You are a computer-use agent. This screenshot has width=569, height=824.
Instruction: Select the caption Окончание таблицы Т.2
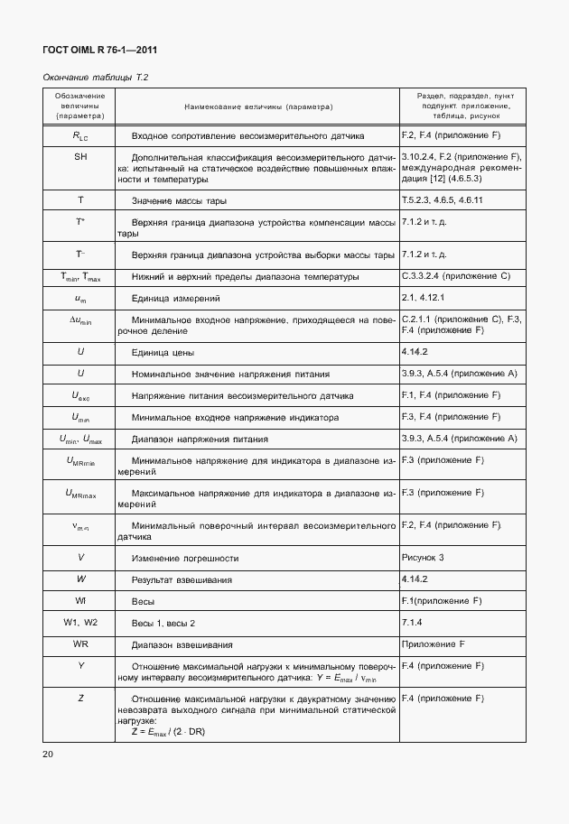tap(95, 79)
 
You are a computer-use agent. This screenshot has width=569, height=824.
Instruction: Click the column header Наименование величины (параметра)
tap(258, 106)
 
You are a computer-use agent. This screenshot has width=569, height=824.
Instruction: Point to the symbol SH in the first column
tap(80, 157)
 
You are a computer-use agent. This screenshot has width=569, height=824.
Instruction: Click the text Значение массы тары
tap(179, 200)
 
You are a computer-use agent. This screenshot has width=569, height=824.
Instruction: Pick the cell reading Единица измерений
tap(175, 298)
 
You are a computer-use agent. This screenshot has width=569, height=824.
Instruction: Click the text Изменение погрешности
tap(185, 558)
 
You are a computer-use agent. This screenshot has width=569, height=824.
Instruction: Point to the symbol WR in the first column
tap(80, 644)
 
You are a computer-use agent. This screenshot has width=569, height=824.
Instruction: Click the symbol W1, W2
tap(80, 623)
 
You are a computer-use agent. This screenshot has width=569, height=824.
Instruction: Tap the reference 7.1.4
tap(413, 622)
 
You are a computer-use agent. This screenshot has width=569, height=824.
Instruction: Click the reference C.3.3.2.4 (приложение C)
tap(459, 275)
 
